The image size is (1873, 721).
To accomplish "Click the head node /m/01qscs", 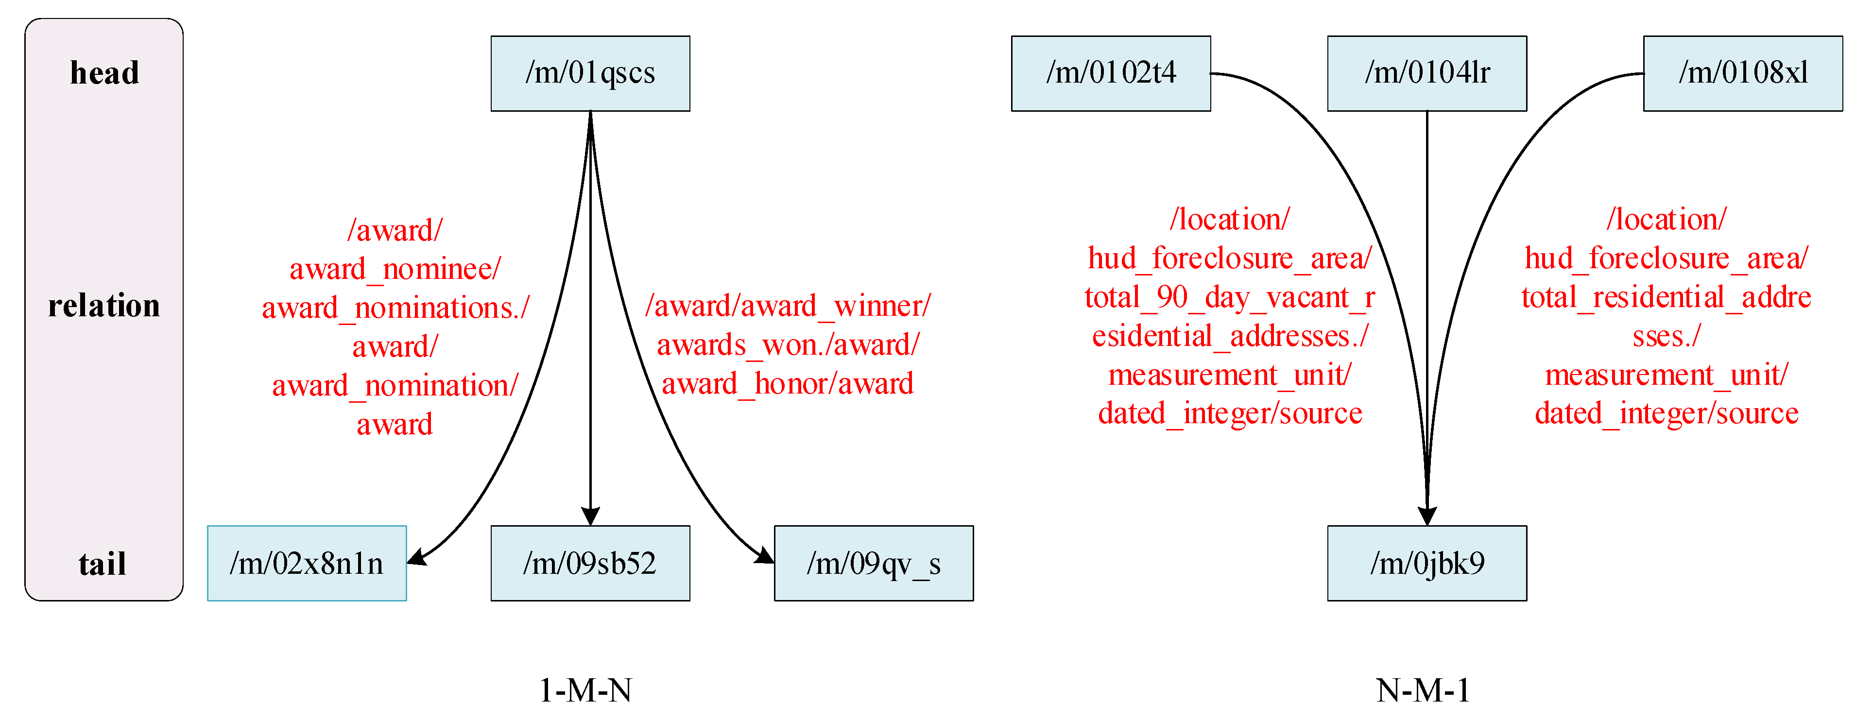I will click(590, 73).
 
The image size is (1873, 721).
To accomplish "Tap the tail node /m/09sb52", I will click(590, 563).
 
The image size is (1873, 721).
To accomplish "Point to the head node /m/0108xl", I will click(1743, 73).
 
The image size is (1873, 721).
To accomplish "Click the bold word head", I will click(104, 73).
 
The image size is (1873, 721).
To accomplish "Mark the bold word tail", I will click(103, 564).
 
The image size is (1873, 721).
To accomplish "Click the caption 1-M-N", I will click(585, 690).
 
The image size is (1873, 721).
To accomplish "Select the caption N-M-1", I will click(1423, 690).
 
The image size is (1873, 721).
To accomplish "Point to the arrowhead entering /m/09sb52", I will click(590, 516).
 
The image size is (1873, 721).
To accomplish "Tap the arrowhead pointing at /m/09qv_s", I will click(765, 556).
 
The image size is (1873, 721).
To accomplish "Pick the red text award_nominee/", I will click(395, 269).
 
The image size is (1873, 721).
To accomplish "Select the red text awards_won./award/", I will click(788, 344).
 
